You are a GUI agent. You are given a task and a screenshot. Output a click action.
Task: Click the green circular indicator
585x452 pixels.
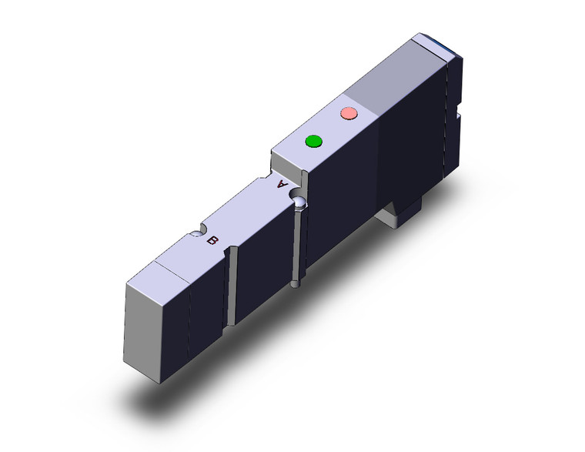(x=313, y=142)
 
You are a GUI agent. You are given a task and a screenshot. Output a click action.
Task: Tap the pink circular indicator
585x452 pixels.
(x=349, y=113)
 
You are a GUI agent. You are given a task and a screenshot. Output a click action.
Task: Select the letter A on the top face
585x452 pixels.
(x=282, y=184)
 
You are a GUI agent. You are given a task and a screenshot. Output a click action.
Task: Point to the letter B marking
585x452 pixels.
(x=212, y=240)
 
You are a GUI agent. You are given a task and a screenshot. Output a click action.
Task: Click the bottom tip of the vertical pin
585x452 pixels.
(x=295, y=286)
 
